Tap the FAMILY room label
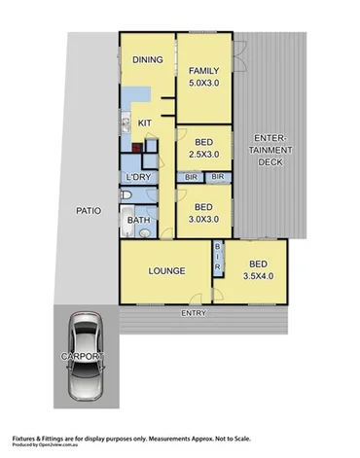(204, 71)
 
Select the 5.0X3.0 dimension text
(204, 84)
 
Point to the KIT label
(144, 123)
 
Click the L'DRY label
(137, 177)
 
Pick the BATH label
(138, 221)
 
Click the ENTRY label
(194, 313)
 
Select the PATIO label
(89, 208)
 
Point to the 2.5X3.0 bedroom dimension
(203, 154)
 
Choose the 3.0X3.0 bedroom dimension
(203, 220)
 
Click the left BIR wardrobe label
(192, 176)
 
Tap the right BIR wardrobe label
(217, 176)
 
